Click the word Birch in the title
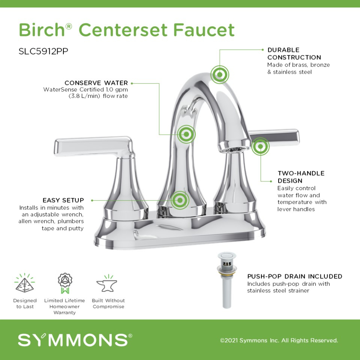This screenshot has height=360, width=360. coord(41,30)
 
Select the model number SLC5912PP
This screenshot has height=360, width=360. coord(44,51)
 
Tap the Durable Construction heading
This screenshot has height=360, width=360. coord(294,54)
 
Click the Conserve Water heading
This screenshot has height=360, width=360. coord(96,83)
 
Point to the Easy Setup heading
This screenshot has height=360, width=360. coord(63,200)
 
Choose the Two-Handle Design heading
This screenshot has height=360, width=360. coord(301,177)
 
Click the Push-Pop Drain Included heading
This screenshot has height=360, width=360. coord(294,276)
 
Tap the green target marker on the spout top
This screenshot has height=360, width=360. coord(220,75)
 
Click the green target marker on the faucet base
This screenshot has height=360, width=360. coord(180,200)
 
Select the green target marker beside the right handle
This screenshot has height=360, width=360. coord(260,146)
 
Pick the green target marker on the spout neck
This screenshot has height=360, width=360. coord(186,134)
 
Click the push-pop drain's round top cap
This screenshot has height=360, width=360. coord(227,256)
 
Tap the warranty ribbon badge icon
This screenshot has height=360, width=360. coord(65,283)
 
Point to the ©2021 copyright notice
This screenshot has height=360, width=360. coord(279,340)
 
